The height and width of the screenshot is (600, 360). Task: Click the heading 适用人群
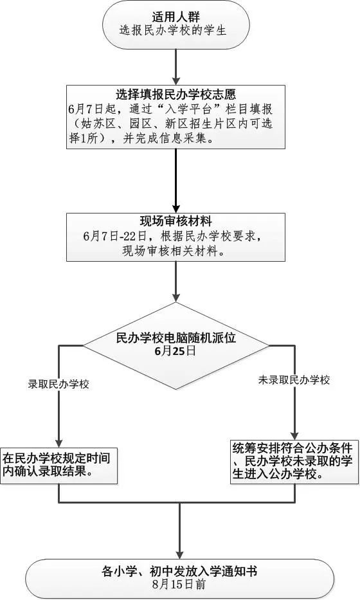[175, 17]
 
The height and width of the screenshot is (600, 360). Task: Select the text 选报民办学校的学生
[174, 30]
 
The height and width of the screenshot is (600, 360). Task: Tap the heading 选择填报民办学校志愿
[176, 94]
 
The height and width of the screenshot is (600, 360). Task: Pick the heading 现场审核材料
[176, 222]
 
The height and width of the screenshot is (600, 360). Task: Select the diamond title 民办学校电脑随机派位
[176, 338]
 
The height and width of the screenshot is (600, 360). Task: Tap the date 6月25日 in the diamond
[175, 351]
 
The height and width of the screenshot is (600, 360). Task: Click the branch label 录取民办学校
[59, 384]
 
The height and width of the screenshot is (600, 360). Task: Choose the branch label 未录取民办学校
[294, 380]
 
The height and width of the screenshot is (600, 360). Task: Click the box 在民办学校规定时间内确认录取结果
[59, 466]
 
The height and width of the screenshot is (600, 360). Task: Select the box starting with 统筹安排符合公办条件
[294, 462]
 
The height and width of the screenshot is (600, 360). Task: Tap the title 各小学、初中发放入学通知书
[179, 571]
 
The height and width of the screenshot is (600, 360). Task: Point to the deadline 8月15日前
[179, 585]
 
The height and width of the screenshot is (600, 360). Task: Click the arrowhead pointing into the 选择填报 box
[176, 81]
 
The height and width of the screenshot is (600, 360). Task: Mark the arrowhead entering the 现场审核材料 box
[176, 209]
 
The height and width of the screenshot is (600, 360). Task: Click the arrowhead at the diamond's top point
[176, 297]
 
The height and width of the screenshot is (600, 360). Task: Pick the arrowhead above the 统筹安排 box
[294, 435]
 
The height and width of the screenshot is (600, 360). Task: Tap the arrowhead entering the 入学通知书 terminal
[179, 554]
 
